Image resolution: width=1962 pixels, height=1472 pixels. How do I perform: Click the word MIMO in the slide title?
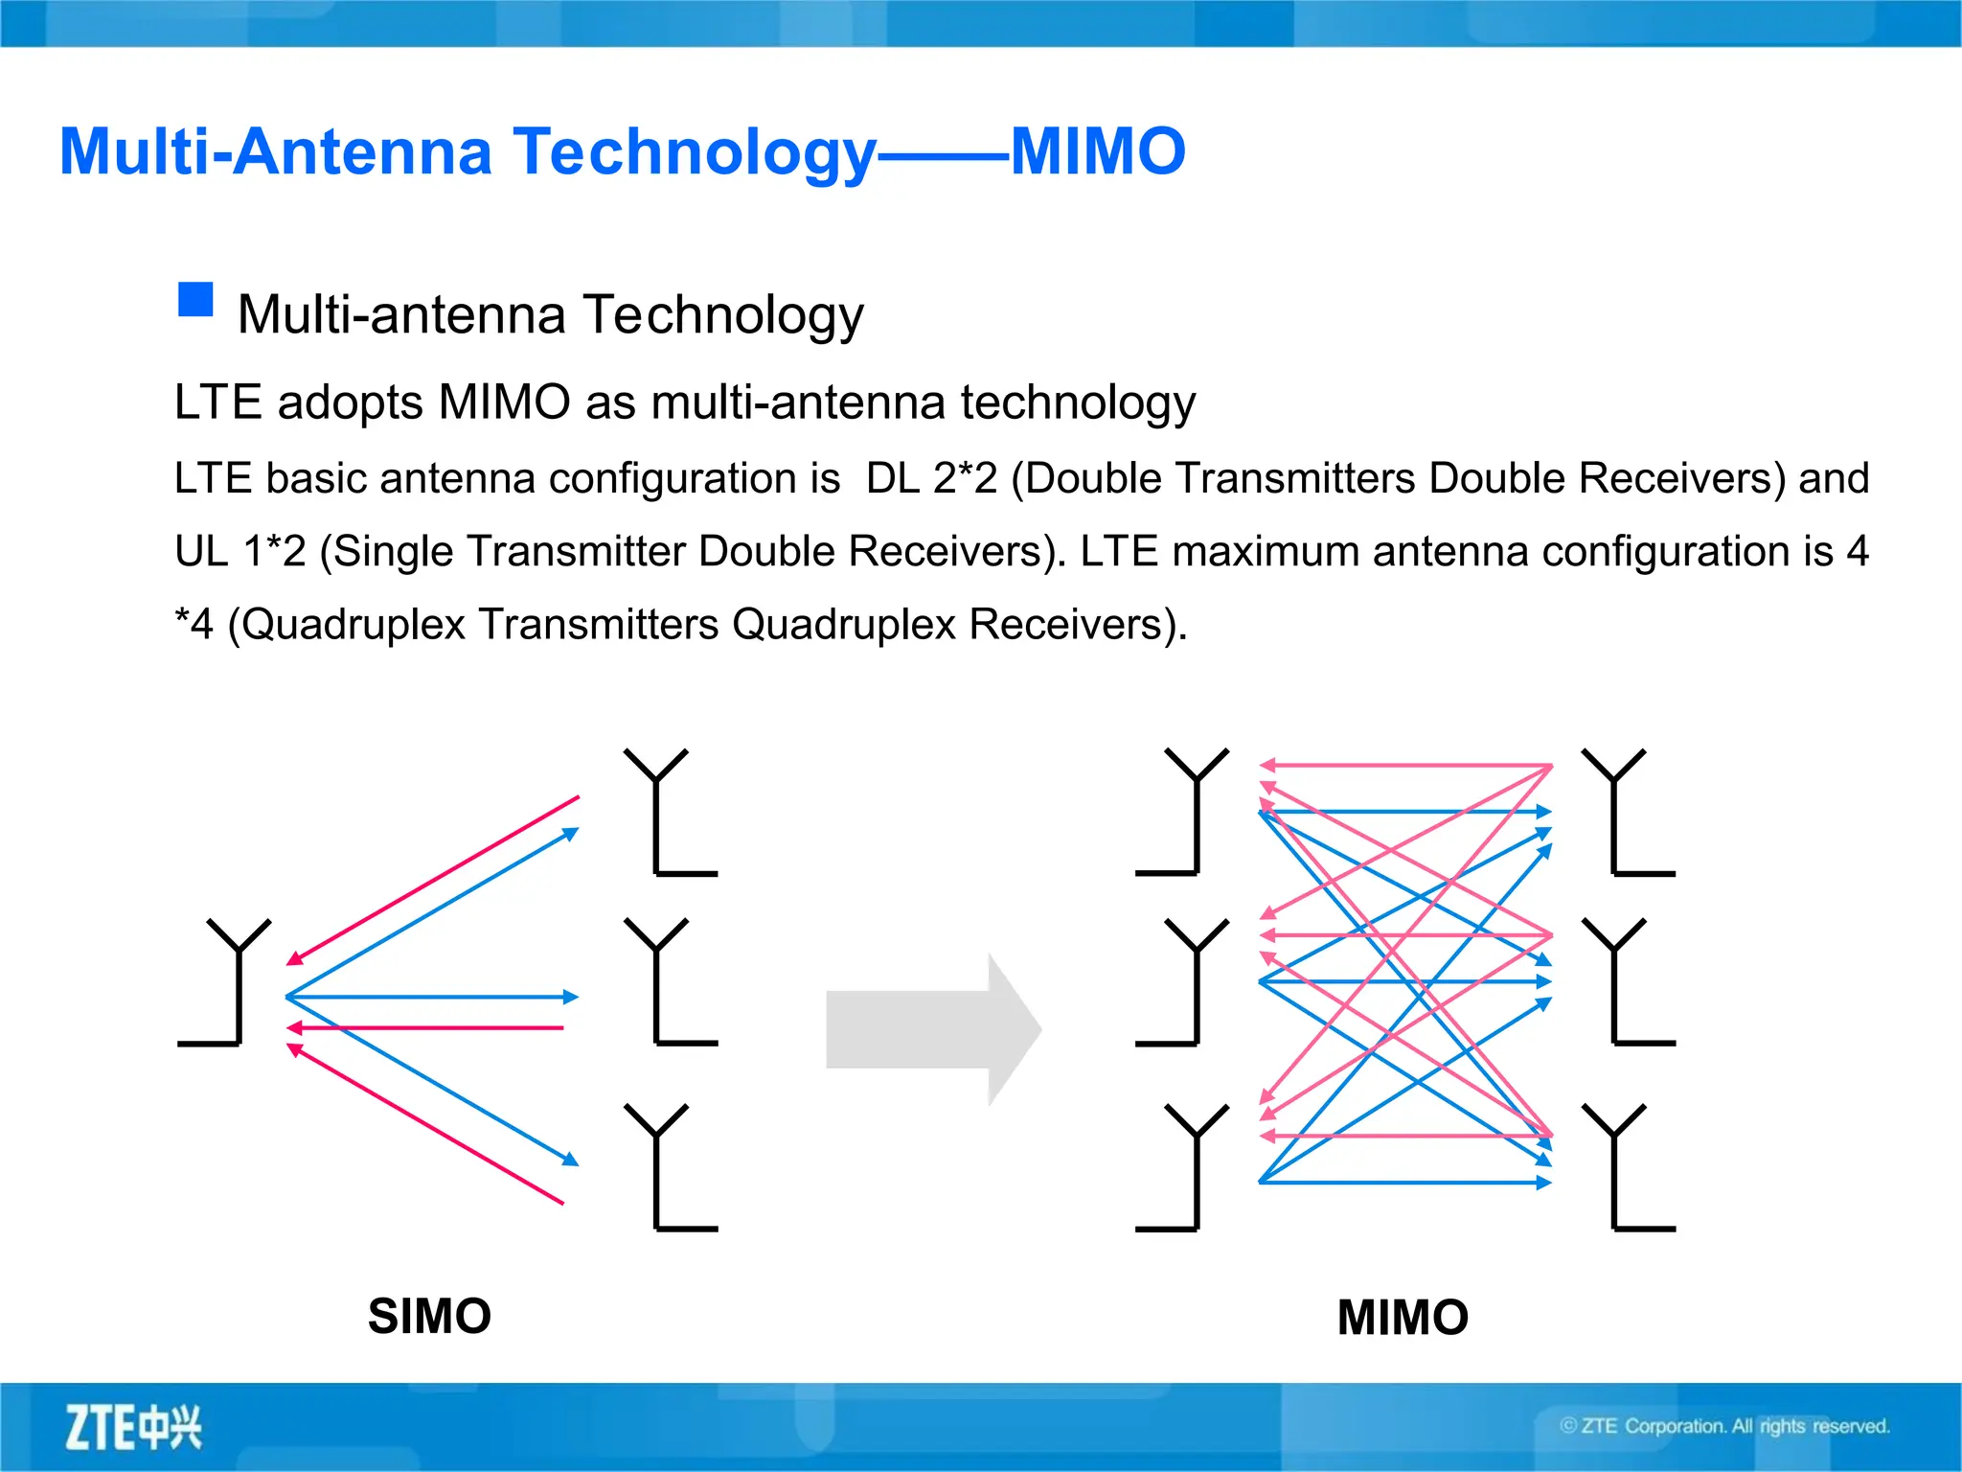click(1098, 151)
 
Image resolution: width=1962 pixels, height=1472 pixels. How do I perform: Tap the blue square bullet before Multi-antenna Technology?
click(195, 300)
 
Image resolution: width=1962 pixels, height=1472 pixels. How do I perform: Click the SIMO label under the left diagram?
click(429, 1316)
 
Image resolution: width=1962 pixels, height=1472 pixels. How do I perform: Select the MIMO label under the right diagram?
click(1403, 1317)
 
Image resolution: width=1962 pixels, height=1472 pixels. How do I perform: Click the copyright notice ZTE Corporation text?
click(1724, 1426)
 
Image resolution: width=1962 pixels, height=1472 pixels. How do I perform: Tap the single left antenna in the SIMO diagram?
click(230, 982)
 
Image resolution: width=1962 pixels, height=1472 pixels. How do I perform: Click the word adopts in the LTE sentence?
click(350, 402)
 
